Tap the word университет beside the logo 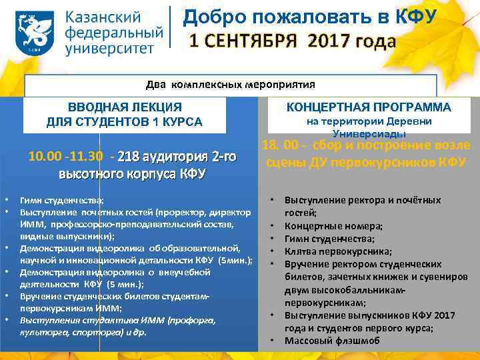click(x=110, y=47)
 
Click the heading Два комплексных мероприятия click(x=230, y=85)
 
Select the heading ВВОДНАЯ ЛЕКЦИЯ click(x=125, y=107)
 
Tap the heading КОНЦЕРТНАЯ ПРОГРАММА click(x=369, y=107)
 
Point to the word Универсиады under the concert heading click(x=369, y=134)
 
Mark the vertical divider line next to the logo click(x=171, y=30)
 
